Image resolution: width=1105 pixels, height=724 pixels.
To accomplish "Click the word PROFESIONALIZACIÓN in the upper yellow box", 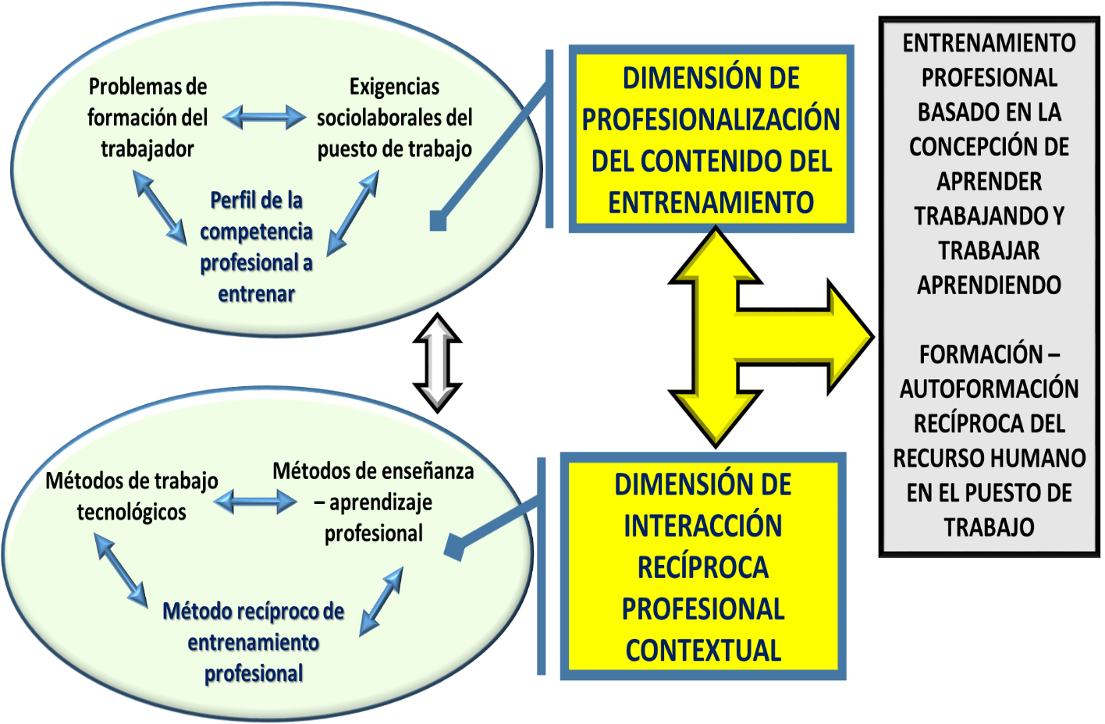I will point(711,120).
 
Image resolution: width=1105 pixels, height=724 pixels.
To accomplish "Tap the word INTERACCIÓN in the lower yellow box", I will point(702,526).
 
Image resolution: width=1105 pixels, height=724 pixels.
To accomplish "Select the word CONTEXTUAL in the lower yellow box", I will point(703,650).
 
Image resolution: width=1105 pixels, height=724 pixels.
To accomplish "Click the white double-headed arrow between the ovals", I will point(437,363).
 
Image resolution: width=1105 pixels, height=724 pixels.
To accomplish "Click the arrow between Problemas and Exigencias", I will point(265,118).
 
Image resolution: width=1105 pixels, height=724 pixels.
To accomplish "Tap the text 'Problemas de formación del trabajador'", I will point(147,118).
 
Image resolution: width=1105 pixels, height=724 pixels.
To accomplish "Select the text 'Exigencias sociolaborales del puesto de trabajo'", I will point(394,118).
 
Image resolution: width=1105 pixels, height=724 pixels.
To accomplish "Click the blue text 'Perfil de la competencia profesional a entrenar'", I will point(256,247).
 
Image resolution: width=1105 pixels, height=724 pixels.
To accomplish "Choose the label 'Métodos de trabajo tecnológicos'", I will point(132,496).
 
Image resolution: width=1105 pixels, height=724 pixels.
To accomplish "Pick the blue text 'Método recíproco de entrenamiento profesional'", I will point(254,642).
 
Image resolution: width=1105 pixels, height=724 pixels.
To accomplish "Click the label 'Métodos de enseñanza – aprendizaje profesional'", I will point(373,502).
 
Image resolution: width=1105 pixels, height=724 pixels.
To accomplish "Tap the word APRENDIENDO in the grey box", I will point(989,285).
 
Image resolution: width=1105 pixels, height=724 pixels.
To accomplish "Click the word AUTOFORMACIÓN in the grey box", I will point(989,389).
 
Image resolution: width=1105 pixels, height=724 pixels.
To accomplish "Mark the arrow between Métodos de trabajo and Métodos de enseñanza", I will point(255,501).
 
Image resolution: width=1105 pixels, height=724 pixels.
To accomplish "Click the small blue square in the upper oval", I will point(438,222).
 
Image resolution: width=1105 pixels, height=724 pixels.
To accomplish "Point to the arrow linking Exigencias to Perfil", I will point(353,213).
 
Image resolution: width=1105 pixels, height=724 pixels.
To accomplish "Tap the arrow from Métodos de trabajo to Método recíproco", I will point(121,570).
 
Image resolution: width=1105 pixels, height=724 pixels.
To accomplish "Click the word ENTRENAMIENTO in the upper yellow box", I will point(711,203).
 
